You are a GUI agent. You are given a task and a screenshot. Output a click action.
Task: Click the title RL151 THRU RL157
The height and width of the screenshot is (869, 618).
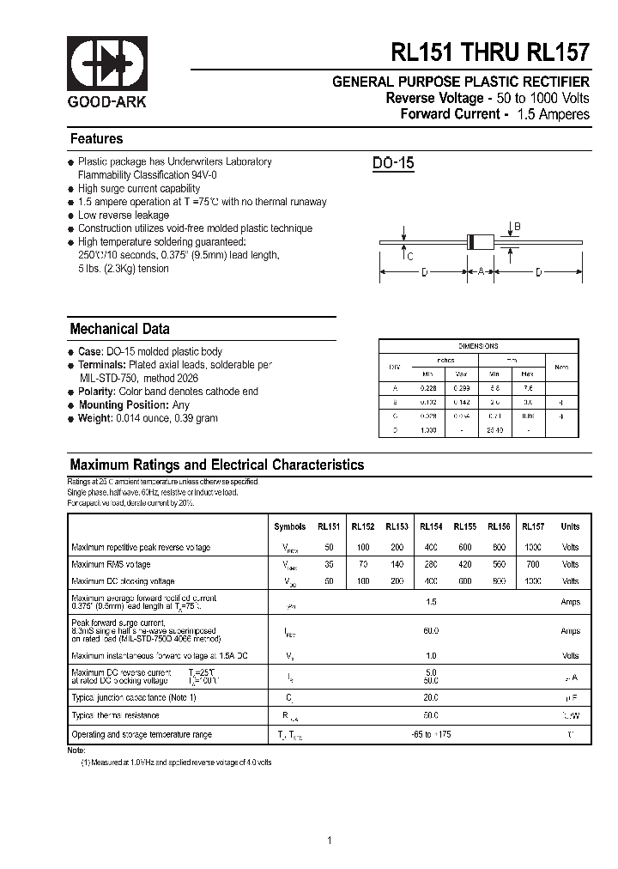(491, 53)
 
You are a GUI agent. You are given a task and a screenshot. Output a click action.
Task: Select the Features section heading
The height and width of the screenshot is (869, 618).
(96, 139)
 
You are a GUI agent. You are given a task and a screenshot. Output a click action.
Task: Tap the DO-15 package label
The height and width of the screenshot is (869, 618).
(393, 163)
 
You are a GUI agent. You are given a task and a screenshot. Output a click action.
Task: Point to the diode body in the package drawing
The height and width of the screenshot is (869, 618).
(481, 243)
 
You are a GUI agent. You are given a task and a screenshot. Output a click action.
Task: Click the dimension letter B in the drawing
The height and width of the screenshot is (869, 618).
(517, 227)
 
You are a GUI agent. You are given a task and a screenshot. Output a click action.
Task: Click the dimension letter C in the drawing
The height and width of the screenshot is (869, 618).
(410, 256)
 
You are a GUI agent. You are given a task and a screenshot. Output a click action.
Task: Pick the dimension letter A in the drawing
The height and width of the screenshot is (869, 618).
(481, 272)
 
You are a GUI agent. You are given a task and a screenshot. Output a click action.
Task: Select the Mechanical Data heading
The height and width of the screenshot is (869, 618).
(119, 329)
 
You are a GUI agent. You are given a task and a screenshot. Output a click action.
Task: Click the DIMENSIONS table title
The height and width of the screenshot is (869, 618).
(478, 346)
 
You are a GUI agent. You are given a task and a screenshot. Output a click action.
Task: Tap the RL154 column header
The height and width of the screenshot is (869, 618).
(431, 526)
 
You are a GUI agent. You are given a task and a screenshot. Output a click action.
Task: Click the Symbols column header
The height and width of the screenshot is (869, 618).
(289, 526)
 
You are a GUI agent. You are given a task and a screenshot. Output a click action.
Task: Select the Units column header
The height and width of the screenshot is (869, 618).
(570, 526)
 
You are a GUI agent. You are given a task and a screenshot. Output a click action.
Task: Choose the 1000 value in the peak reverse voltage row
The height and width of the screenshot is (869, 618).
(533, 547)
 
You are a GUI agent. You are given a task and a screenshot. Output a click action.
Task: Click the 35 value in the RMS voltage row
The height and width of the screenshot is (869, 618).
(329, 564)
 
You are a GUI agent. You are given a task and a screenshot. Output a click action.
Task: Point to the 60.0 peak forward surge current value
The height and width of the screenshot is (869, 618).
(431, 631)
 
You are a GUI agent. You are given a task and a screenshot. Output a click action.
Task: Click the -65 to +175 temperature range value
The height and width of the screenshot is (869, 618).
(431, 734)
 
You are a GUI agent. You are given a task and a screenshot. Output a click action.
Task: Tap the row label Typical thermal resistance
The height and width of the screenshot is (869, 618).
(115, 714)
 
